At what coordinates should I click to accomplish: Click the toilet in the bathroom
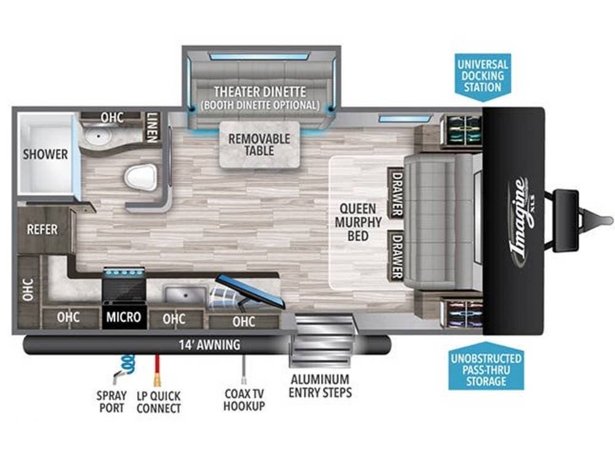(140, 177)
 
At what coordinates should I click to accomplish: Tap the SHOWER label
(46, 154)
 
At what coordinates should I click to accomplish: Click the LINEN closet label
(152, 127)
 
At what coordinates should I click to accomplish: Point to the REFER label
(42, 229)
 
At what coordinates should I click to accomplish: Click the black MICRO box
(124, 317)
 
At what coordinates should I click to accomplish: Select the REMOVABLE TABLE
(259, 144)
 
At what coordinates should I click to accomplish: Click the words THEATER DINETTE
(260, 92)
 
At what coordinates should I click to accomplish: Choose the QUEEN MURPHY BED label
(359, 222)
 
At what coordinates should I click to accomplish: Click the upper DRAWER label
(396, 192)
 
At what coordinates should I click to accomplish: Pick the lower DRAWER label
(396, 255)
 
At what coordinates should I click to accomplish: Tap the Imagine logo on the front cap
(518, 221)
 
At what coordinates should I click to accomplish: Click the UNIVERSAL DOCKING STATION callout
(483, 76)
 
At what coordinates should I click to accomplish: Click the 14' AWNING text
(210, 345)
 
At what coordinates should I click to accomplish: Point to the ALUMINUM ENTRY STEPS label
(320, 385)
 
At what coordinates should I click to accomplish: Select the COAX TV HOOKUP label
(244, 399)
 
